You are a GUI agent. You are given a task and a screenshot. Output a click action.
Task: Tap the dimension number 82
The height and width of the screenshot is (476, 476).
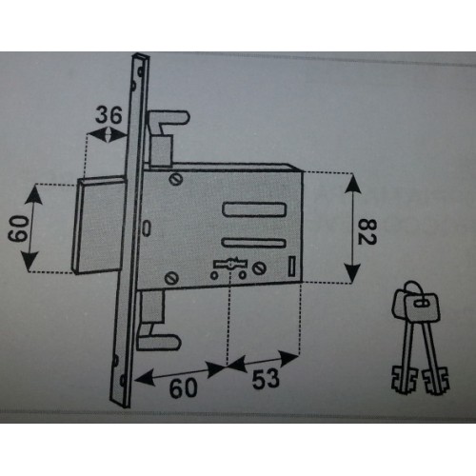(x=367, y=231)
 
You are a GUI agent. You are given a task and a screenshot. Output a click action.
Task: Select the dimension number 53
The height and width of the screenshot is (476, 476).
(x=266, y=379)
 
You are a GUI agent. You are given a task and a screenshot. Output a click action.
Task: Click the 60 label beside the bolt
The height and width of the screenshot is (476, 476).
(x=18, y=228)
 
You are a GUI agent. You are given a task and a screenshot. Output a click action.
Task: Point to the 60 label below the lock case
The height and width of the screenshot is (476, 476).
(x=183, y=387)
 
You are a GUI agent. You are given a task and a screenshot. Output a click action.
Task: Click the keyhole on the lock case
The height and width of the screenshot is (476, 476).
(x=230, y=264)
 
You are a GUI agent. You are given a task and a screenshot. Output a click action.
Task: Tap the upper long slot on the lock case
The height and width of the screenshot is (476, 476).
(x=254, y=209)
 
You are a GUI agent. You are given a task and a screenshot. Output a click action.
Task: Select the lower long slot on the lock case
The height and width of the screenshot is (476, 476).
(x=254, y=243)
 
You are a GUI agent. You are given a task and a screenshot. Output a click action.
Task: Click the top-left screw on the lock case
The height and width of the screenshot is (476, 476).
(x=175, y=179)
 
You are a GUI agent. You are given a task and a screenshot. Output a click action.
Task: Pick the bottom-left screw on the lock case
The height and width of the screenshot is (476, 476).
(x=171, y=278)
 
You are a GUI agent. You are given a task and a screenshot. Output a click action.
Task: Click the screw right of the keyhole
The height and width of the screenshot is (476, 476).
(x=259, y=268)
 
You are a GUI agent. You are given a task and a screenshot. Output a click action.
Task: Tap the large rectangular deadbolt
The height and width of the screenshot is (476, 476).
(x=97, y=225)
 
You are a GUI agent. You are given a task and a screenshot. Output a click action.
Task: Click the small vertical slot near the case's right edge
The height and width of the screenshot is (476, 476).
(x=291, y=266)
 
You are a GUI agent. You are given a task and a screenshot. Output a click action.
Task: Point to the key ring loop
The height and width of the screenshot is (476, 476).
(x=412, y=288)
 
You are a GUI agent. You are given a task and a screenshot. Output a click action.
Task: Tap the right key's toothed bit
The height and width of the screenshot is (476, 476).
(x=436, y=381)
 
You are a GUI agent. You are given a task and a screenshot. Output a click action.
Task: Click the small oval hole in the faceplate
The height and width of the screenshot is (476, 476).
(x=147, y=228)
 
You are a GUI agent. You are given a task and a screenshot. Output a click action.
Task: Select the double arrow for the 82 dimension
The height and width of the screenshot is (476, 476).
(x=352, y=228)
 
